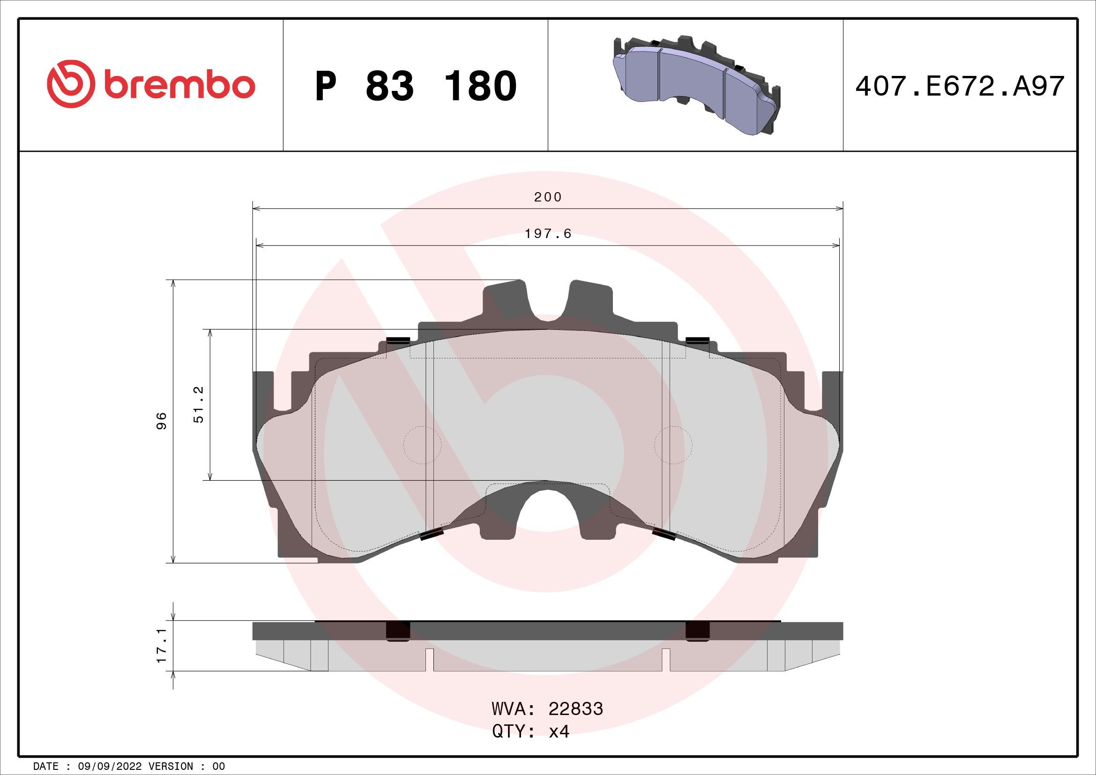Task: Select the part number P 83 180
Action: pyautogui.click(x=415, y=86)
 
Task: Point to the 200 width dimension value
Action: pyautogui.click(x=548, y=197)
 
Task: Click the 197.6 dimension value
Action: pyautogui.click(x=548, y=234)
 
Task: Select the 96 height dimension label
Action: pyautogui.click(x=162, y=421)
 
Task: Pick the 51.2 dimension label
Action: pyautogui.click(x=199, y=405)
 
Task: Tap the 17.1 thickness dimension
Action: pyautogui.click(x=162, y=646)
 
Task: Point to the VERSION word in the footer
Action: pyautogui.click(x=171, y=767)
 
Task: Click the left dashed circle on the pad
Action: pyautogui.click(x=423, y=445)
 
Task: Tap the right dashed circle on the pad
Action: pyautogui.click(x=673, y=445)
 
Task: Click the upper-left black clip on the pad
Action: pyautogui.click(x=398, y=340)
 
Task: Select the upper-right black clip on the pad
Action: pyautogui.click(x=697, y=340)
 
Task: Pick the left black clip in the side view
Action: pyautogui.click(x=398, y=631)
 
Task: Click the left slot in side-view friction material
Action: pyautogui.click(x=429, y=660)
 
